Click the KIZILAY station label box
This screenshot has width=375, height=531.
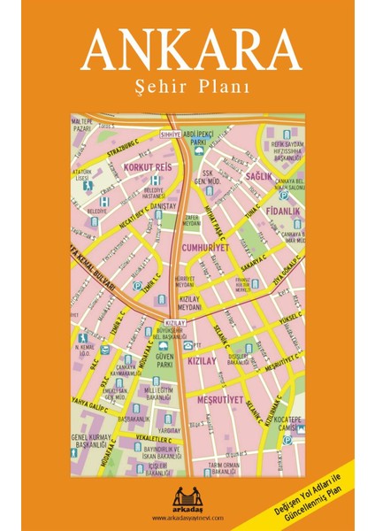tap(173, 324)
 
